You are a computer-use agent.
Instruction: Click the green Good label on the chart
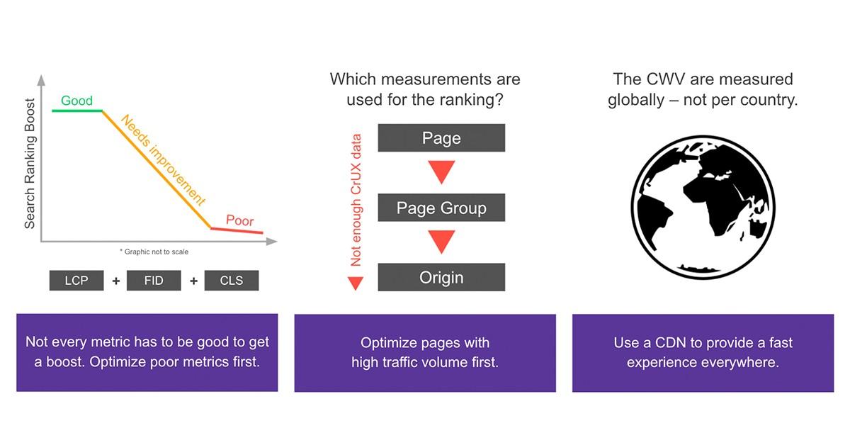[x=76, y=101]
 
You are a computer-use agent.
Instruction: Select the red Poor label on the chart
[x=240, y=220]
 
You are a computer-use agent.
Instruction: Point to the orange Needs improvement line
[x=157, y=169]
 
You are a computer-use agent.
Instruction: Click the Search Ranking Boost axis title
[x=30, y=163]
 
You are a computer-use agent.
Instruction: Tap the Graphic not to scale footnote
[x=154, y=252]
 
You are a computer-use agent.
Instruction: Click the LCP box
[x=76, y=280]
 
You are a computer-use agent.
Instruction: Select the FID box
[x=154, y=280]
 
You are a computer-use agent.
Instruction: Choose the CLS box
[x=232, y=280]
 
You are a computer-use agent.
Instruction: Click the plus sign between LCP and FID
[x=116, y=281]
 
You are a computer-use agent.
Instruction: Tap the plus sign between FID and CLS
[x=193, y=281]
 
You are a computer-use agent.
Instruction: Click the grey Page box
[x=441, y=138]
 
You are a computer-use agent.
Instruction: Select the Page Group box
[x=441, y=208]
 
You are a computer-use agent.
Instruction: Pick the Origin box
[x=441, y=277]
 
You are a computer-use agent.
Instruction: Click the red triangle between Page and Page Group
[x=441, y=171]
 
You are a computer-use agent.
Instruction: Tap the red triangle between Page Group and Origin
[x=441, y=240]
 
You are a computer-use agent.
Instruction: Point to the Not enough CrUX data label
[x=356, y=200]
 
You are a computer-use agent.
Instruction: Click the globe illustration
[x=703, y=208]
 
